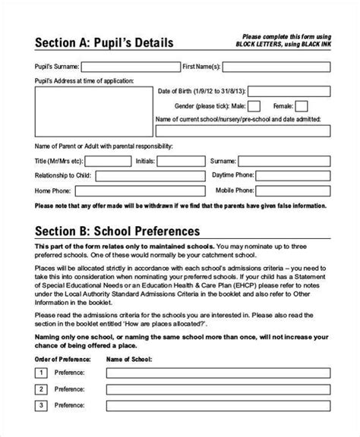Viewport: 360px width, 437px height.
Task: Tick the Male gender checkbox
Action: (255, 105)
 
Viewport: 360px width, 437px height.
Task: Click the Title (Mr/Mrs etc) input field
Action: (106, 162)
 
